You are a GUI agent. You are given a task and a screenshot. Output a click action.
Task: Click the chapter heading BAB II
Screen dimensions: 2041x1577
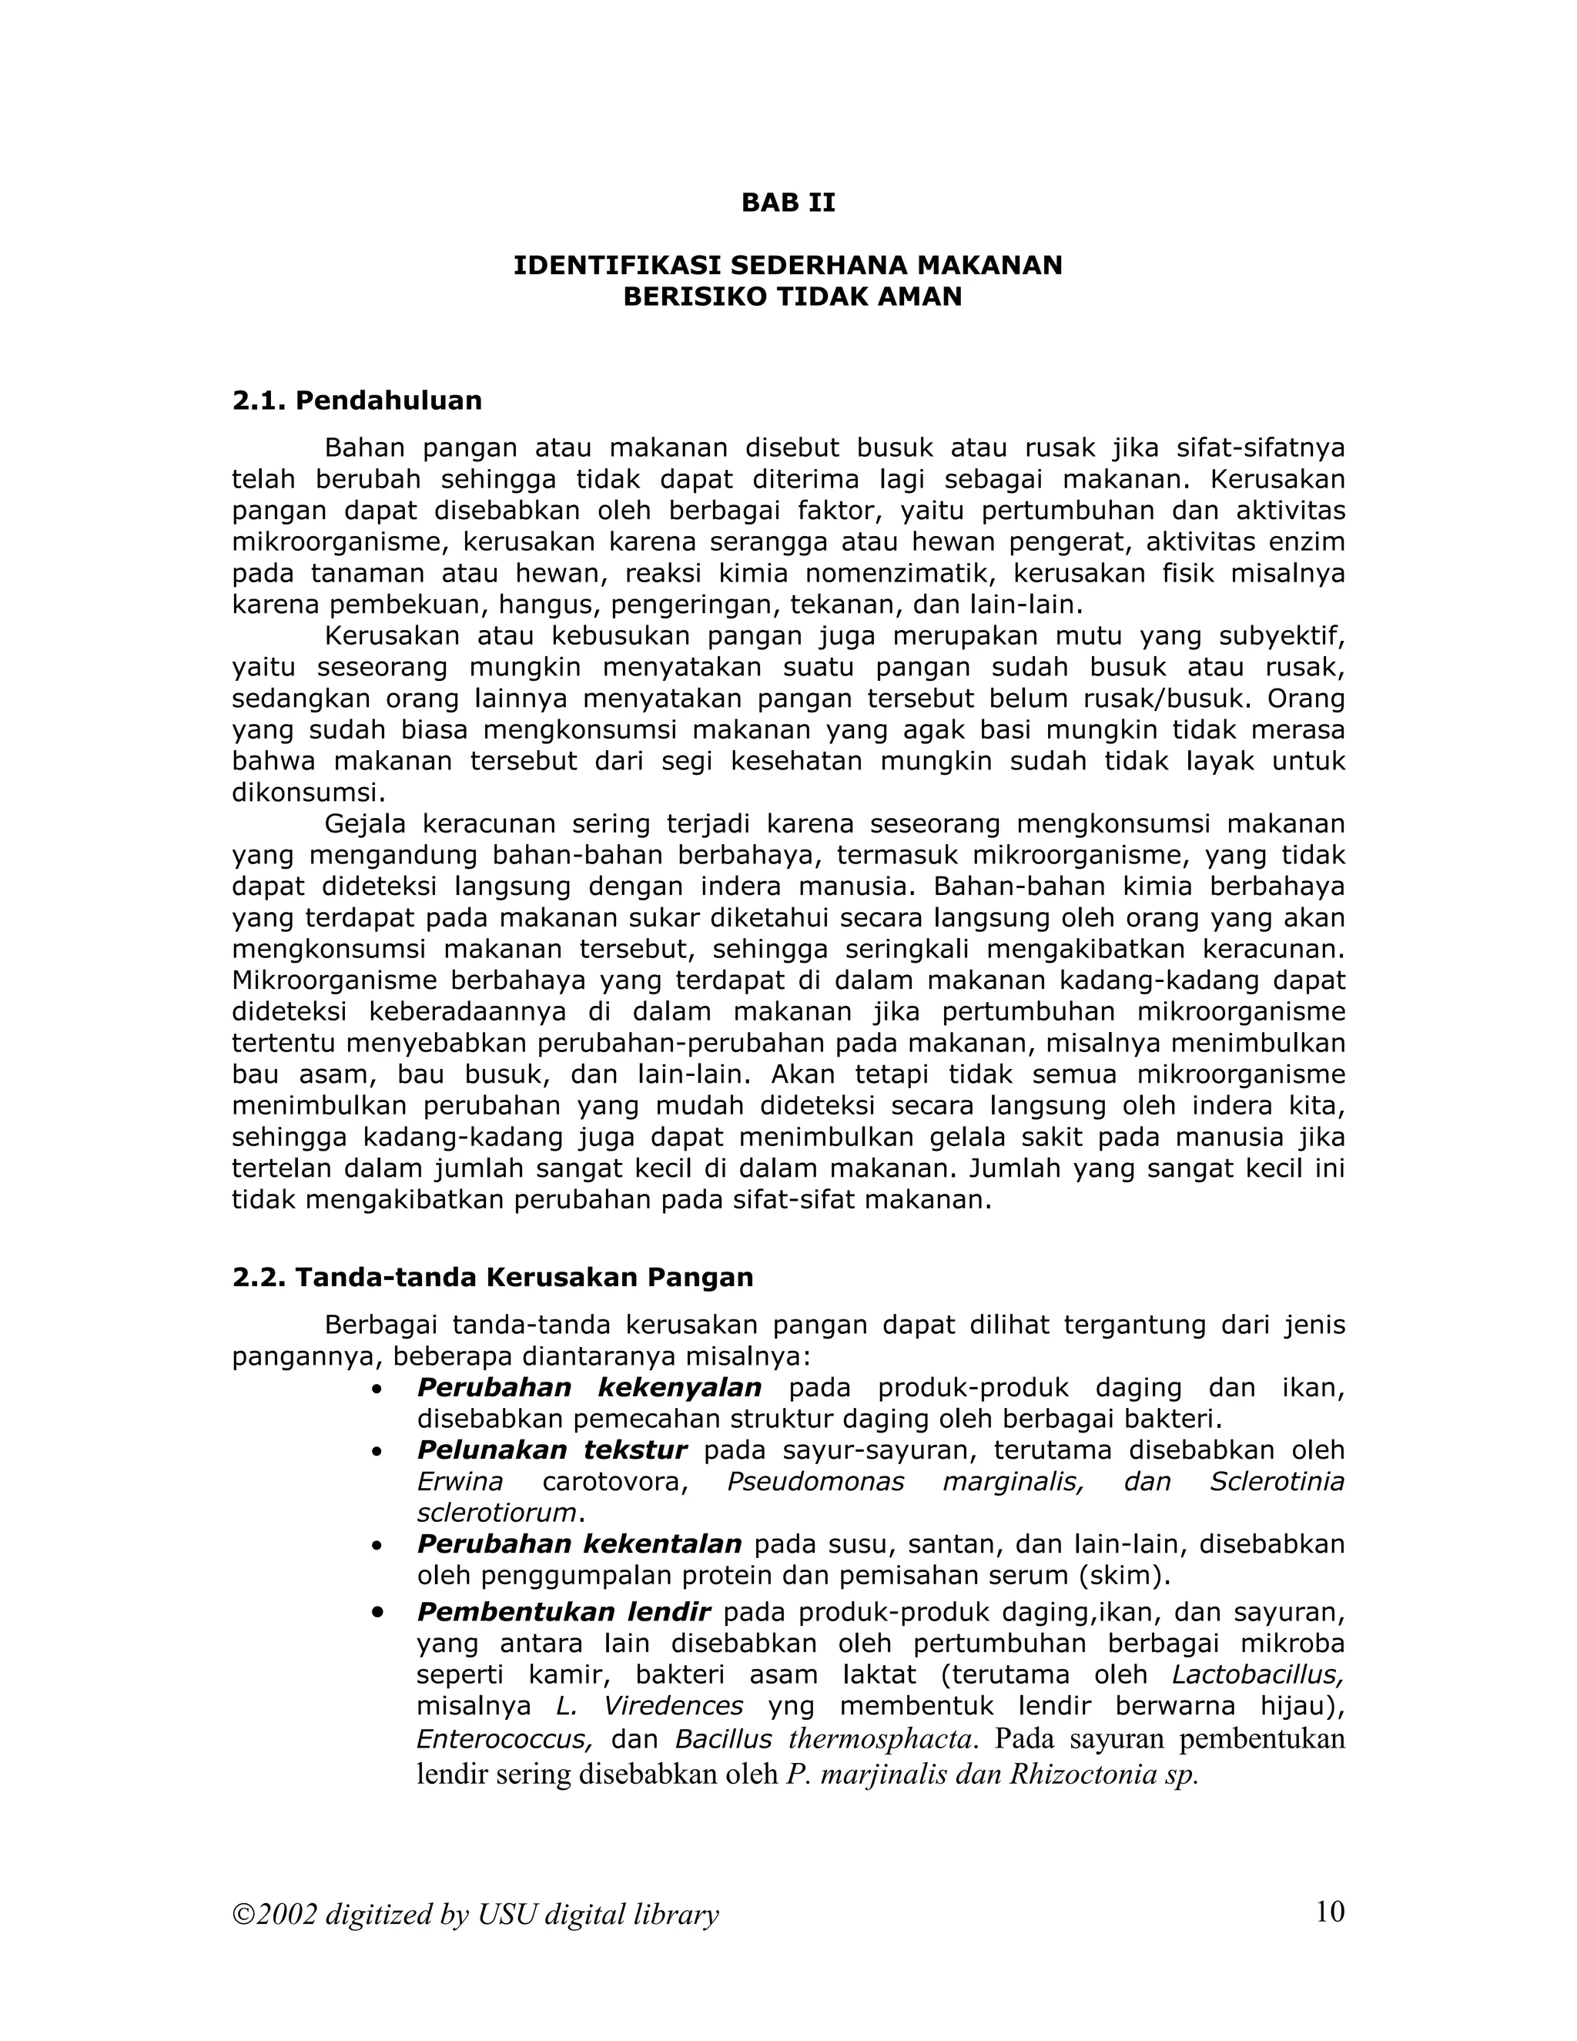pyautogui.click(x=788, y=203)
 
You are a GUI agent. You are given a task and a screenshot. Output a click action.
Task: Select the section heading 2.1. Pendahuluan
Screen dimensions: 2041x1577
pyautogui.click(x=357, y=401)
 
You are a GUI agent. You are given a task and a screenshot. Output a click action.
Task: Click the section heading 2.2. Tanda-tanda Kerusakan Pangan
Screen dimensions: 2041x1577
pyautogui.click(x=492, y=1278)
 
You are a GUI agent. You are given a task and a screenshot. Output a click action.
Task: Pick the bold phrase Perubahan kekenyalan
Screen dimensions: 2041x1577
pyautogui.click(x=588, y=1387)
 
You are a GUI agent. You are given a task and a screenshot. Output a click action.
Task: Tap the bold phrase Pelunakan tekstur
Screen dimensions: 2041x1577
pyautogui.click(x=551, y=1449)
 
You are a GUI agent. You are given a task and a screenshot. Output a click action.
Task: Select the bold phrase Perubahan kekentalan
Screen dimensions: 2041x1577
pyautogui.click(x=578, y=1543)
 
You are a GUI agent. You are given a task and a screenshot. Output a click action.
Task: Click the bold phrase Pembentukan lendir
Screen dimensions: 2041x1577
pyautogui.click(x=564, y=1612)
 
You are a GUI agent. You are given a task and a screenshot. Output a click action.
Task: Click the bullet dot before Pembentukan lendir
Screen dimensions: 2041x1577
pyautogui.click(x=377, y=1613)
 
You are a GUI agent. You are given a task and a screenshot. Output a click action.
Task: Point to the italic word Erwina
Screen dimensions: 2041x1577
pyautogui.click(x=460, y=1481)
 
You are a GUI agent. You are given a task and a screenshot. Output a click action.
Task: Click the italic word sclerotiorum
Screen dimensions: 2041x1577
pyautogui.click(x=496, y=1512)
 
